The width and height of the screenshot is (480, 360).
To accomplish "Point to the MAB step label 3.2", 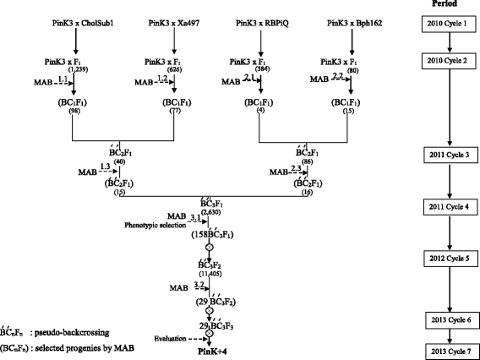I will pos(198,288).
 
